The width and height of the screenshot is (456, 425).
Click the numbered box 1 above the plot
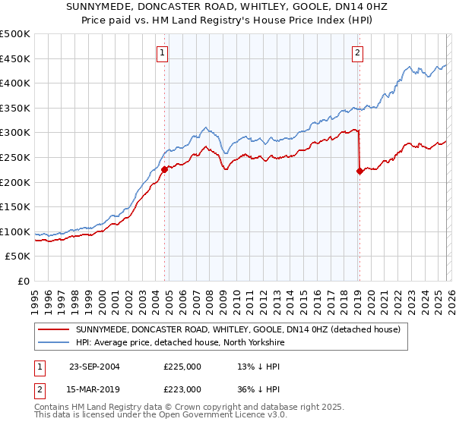coord(163,52)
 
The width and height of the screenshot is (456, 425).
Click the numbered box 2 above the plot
coord(357,52)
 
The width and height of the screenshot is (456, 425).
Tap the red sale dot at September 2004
coord(164,170)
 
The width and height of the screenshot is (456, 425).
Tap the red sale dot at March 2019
coord(359,171)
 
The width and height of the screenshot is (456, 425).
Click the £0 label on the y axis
coord(23,281)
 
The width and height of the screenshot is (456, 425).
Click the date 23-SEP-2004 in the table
coord(94,367)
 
